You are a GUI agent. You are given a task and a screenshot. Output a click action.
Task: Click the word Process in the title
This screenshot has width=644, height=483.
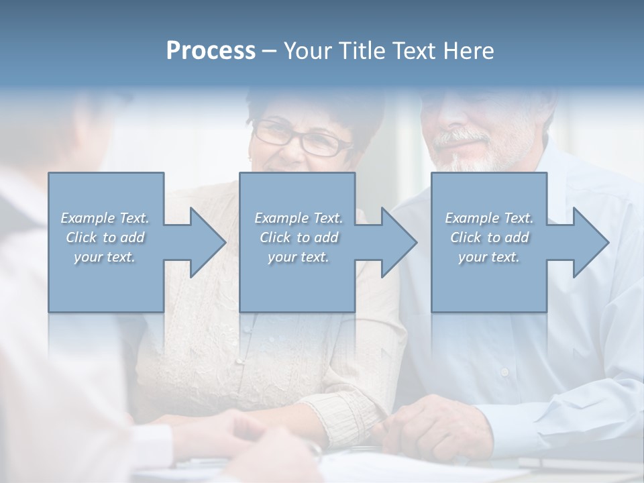click(211, 51)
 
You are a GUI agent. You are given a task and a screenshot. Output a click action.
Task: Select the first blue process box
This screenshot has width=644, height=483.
click(106, 288)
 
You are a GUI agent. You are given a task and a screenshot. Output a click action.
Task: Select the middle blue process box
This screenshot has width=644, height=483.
click(297, 288)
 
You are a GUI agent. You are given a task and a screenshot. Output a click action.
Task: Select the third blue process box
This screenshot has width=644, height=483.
click(488, 288)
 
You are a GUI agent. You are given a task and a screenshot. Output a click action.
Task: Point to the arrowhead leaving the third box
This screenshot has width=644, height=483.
click(590, 242)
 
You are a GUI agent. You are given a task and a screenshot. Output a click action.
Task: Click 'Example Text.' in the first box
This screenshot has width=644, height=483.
click(105, 218)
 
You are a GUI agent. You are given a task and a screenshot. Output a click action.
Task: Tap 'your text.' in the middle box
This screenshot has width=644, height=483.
click(298, 257)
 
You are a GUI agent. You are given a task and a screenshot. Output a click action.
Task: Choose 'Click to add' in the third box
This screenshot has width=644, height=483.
click(489, 237)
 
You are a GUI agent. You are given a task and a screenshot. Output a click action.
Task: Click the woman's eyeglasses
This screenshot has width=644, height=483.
click(301, 138)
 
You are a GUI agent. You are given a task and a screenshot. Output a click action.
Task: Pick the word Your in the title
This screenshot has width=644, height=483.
click(305, 51)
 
